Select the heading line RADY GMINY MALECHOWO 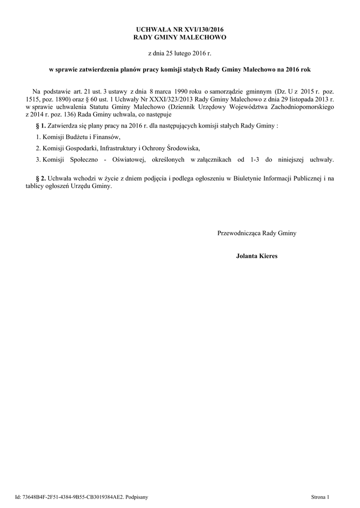[180, 38]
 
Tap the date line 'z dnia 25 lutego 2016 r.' [180, 53]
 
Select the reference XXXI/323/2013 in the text [174, 99]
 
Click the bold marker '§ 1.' [40, 126]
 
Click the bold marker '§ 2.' [40, 178]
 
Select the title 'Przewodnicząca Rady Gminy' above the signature [257, 233]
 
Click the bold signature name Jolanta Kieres [257, 256]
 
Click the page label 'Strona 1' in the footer [320, 496]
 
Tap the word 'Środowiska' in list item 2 [184, 148]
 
